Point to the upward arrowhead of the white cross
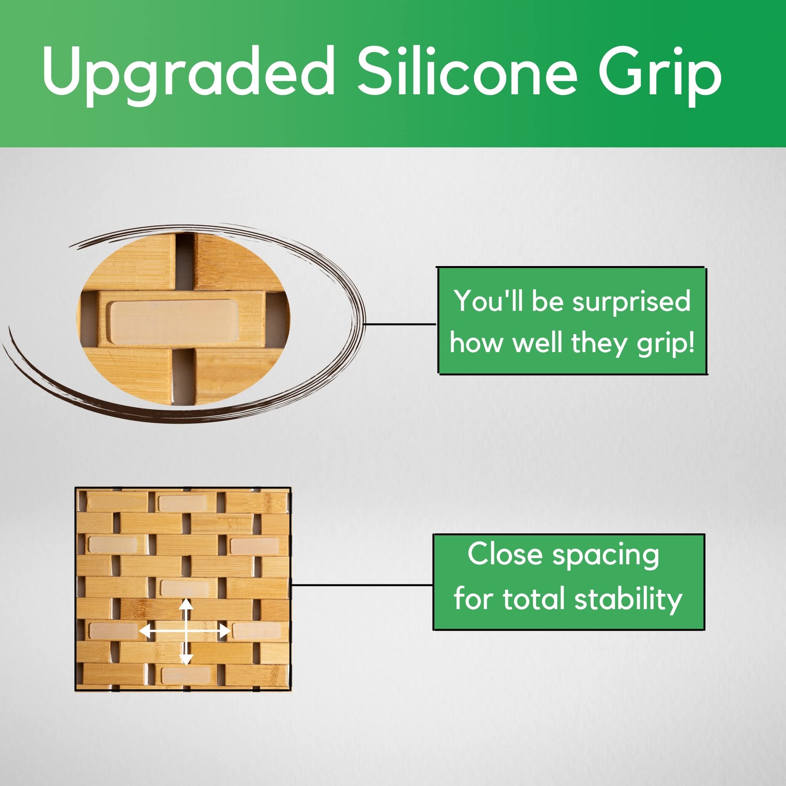coord(186,604)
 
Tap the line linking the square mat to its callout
coord(362,586)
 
